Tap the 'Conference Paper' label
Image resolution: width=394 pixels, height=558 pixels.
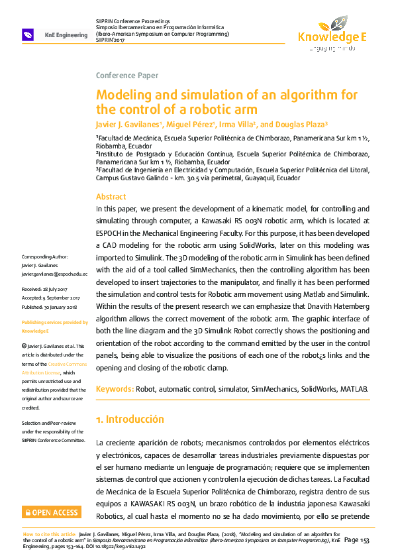point(127,76)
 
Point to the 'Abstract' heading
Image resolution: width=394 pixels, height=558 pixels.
point(111,197)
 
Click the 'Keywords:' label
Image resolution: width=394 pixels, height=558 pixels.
point(115,389)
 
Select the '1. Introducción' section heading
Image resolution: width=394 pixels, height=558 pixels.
point(130,419)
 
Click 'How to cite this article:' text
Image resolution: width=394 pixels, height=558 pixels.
point(49,533)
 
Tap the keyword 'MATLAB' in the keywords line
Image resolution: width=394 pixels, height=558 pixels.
point(353,389)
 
